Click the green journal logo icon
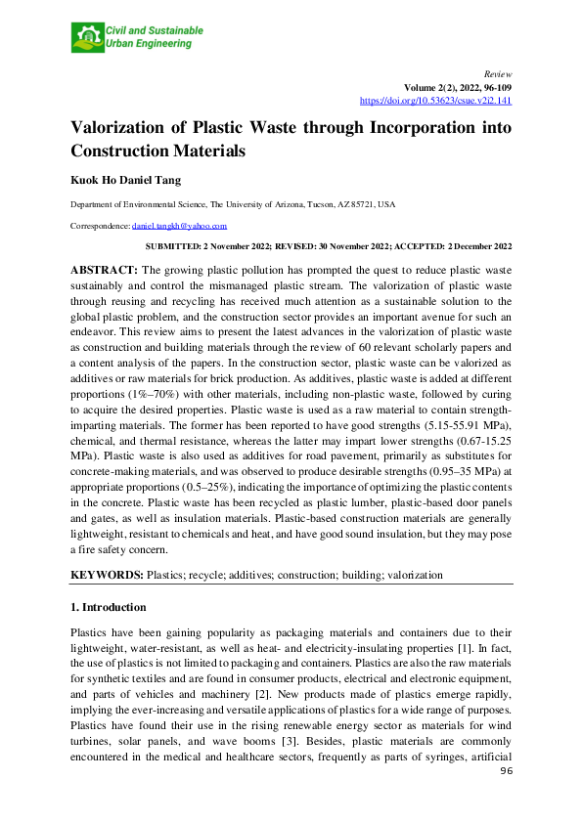pos(84,38)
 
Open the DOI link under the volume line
pos(436,100)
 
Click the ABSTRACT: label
pos(105,268)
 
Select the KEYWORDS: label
pos(106,576)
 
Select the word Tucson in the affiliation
pos(306,205)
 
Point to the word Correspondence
pos(100,225)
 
